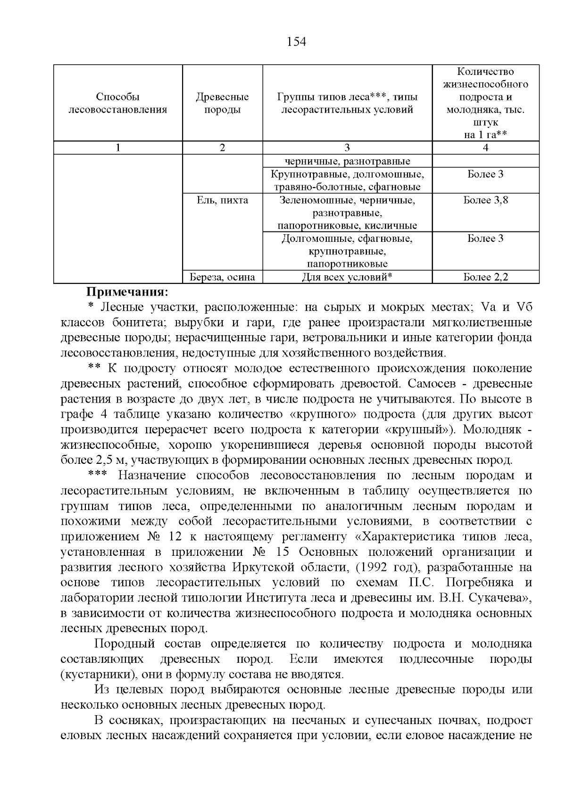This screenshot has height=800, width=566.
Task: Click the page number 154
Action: pos(296,42)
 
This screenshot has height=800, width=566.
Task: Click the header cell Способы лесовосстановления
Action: pos(118,103)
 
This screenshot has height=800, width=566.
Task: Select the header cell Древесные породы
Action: pos(222,103)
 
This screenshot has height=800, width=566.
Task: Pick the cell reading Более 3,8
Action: pos(485,200)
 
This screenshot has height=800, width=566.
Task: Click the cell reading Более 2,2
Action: pos(485,277)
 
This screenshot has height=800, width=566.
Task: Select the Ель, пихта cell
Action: pos(222,200)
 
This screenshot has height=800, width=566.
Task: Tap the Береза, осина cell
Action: pos(222,277)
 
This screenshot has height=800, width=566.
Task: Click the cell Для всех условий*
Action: pos(347,277)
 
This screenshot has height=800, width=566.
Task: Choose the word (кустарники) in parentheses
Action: pos(97,674)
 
